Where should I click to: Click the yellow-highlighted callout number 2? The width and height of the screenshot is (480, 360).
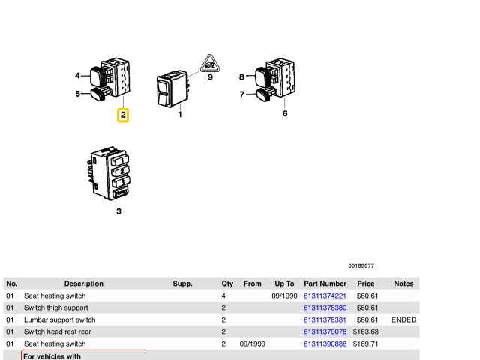(x=123, y=115)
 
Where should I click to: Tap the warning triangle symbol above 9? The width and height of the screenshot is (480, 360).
(x=210, y=64)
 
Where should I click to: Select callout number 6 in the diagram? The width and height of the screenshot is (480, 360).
(x=285, y=113)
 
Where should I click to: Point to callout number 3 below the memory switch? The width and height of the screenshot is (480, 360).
(x=118, y=211)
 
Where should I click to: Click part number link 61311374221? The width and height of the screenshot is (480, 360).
(x=325, y=295)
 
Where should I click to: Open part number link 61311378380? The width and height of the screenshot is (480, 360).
(x=325, y=307)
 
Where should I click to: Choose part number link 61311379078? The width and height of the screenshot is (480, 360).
(x=325, y=331)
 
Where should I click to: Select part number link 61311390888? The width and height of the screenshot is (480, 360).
(x=325, y=343)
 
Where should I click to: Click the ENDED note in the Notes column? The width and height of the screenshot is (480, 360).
(x=403, y=319)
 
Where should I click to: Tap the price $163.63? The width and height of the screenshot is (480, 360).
(x=366, y=331)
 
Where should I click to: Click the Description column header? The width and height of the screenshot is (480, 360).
(x=84, y=283)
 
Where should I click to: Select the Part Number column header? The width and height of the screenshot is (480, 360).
(x=325, y=283)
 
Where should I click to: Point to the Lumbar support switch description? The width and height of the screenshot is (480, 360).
(x=60, y=319)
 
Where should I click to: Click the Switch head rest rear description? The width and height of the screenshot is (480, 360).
(x=58, y=331)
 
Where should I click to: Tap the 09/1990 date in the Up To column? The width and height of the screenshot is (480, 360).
(x=284, y=295)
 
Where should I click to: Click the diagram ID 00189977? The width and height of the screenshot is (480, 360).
(x=361, y=265)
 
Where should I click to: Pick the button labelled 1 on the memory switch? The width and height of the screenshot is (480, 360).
(x=121, y=160)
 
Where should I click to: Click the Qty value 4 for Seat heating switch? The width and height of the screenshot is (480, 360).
(x=223, y=295)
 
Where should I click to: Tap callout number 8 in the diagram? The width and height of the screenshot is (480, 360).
(x=241, y=76)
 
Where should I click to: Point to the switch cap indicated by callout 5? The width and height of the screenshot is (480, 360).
(x=98, y=94)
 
